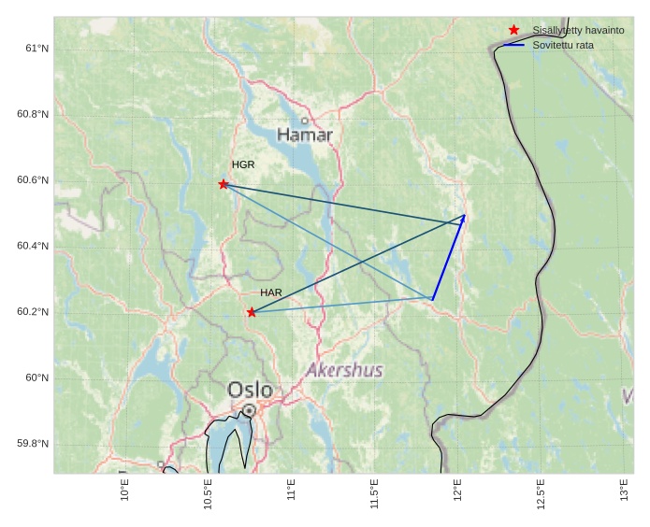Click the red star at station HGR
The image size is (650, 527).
click(x=224, y=184)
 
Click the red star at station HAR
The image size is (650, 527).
click(x=252, y=312)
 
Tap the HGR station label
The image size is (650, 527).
click(x=243, y=164)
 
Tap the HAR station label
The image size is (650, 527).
click(x=271, y=292)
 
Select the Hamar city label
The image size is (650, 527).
click(x=305, y=135)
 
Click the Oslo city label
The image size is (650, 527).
click(x=251, y=390)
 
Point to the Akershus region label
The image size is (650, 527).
click(x=344, y=370)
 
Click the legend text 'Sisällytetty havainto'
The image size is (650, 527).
click(x=578, y=30)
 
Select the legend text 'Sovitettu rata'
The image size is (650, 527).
click(x=563, y=45)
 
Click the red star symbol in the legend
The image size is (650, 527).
click(x=513, y=30)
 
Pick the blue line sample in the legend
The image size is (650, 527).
click(x=513, y=45)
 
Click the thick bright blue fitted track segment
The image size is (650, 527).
click(x=448, y=258)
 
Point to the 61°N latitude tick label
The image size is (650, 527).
click(x=36, y=49)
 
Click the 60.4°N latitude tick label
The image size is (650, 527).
click(x=33, y=247)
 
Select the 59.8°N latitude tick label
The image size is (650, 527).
click(x=33, y=444)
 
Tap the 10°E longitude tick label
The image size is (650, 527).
click(x=124, y=490)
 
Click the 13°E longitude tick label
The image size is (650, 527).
click(x=624, y=490)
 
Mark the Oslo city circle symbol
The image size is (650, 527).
click(x=249, y=410)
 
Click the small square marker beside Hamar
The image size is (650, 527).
click(x=305, y=121)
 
